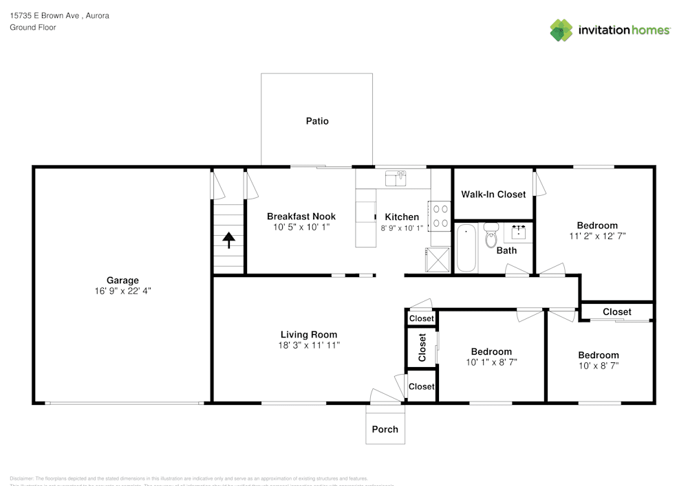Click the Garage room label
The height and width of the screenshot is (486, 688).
[122, 280]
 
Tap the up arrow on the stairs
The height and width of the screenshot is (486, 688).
[228, 240]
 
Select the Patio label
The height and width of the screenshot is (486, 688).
[317, 121]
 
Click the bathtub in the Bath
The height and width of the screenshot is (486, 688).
[466, 248]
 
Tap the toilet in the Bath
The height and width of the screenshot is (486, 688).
[491, 235]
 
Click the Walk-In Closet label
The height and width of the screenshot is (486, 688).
[493, 195]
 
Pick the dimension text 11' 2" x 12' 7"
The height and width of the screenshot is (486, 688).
[597, 236]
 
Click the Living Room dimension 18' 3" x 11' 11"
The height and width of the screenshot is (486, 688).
[309, 346]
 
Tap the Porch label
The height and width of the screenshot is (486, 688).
[385, 429]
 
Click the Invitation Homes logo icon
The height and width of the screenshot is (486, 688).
[561, 30]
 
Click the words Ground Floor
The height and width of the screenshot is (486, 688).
[33, 27]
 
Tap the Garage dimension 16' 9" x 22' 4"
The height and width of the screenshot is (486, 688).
[122, 291]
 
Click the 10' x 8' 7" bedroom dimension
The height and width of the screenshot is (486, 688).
[598, 366]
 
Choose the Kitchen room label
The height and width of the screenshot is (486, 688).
[402, 217]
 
